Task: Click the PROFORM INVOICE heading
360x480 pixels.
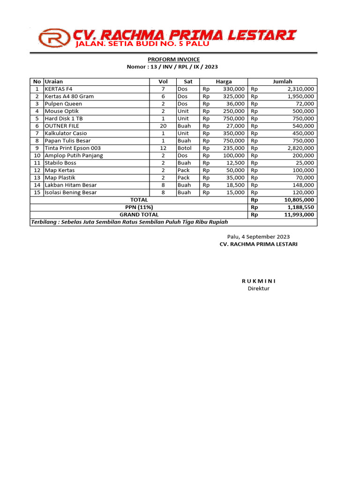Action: (173, 60)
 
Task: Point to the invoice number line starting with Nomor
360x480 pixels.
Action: (172, 67)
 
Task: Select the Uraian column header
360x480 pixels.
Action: (53, 82)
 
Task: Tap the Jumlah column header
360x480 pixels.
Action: (282, 82)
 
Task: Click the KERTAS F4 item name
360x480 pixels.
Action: (59, 89)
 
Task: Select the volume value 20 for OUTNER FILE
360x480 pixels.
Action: (163, 126)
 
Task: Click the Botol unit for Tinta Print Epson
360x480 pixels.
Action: (185, 148)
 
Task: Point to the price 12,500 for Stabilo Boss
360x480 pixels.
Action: (234, 163)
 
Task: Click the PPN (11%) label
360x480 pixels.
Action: (139, 207)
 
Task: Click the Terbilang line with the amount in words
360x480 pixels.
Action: (129, 222)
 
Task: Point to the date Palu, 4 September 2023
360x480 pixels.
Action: (258, 237)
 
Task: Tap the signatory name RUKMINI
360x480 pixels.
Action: (259, 281)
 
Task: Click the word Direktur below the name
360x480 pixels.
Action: (259, 288)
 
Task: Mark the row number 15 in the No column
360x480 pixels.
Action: (37, 193)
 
